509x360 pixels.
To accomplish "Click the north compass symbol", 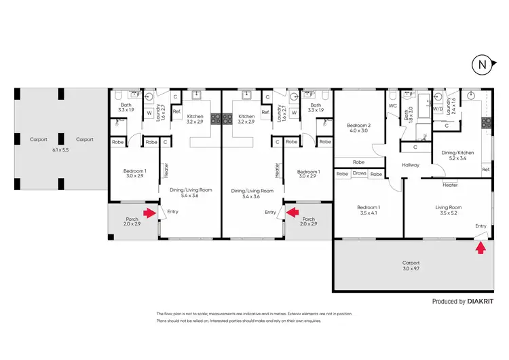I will click(x=481, y=65).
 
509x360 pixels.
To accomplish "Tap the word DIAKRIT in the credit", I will click(x=487, y=301).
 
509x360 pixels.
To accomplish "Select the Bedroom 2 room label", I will click(x=358, y=126).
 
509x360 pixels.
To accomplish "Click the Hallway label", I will click(x=411, y=165).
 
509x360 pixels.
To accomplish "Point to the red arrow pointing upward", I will click(x=480, y=248).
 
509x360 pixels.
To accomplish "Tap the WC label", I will click(x=392, y=106).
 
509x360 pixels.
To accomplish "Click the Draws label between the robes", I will click(x=360, y=174).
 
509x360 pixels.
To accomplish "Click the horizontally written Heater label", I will click(x=450, y=184).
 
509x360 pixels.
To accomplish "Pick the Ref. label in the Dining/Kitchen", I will click(x=486, y=169).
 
